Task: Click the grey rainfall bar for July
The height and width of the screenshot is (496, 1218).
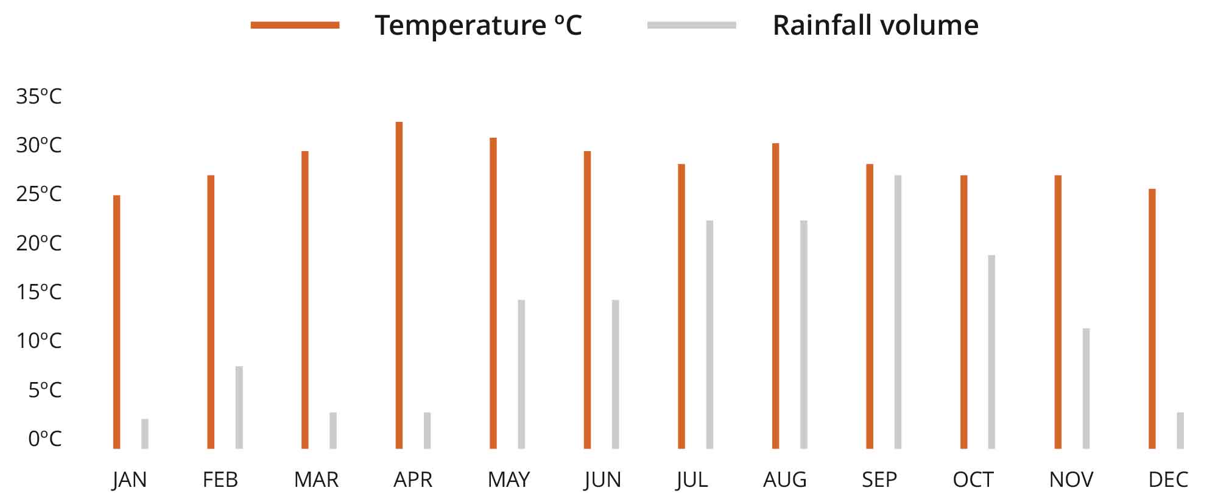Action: coord(709,335)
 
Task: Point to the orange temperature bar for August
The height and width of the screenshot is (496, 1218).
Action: coord(775,296)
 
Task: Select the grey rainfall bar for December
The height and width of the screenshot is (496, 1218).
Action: coord(1180,430)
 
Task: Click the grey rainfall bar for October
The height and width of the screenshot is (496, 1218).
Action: coord(991,352)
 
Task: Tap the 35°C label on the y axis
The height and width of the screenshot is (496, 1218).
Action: coord(39,96)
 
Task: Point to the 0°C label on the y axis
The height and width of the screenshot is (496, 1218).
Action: coord(44,438)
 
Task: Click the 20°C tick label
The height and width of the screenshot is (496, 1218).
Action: coord(39,243)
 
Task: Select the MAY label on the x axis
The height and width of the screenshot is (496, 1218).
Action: coord(509,480)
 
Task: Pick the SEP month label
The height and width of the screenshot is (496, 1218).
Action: coord(879,480)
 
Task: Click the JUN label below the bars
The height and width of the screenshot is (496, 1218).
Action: coord(602,480)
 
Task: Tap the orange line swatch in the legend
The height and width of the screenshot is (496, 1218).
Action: coord(295,25)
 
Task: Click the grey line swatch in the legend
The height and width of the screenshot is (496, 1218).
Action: coord(691,25)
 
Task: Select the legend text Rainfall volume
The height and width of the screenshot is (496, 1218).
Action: coord(875,25)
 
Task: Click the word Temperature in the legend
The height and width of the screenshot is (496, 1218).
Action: coord(460,25)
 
